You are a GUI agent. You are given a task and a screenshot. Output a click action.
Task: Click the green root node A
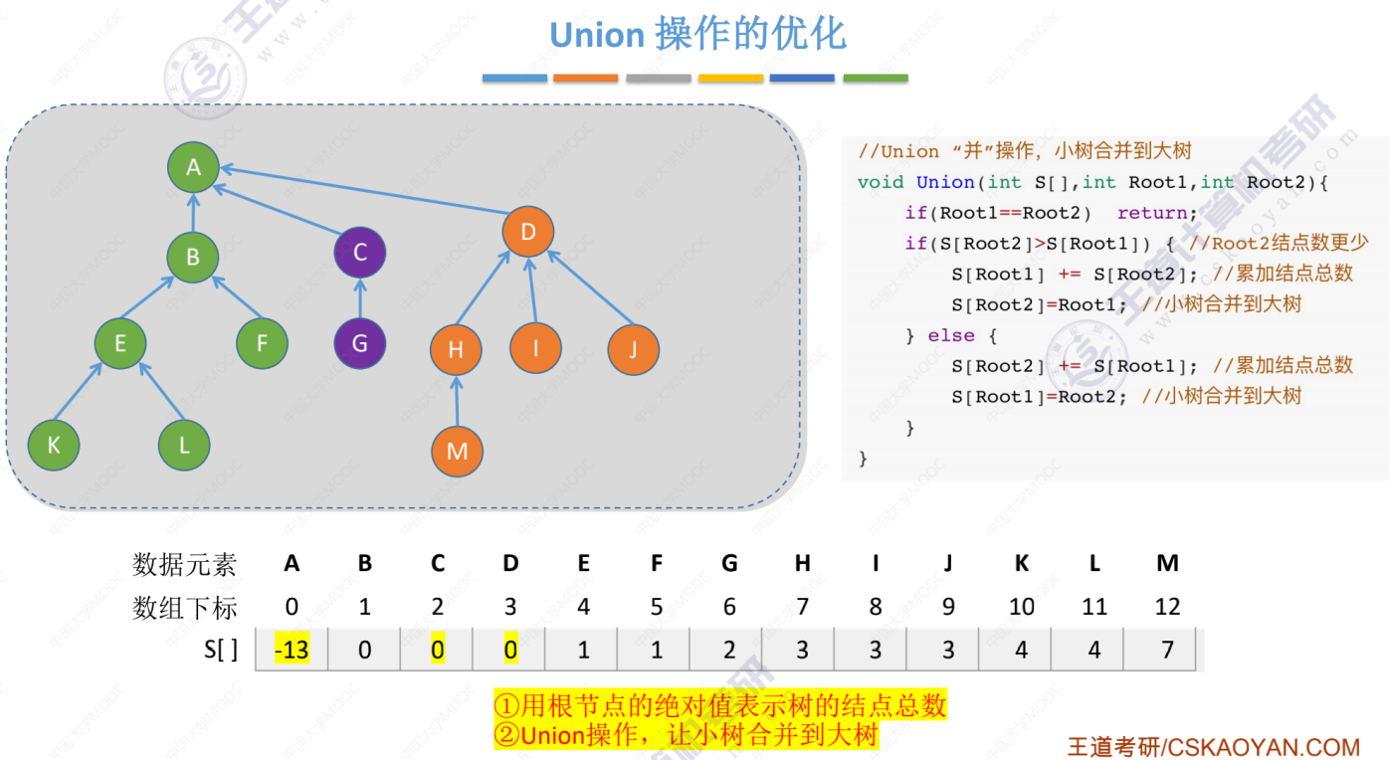point(193,167)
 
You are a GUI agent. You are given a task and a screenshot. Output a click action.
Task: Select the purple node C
point(359,253)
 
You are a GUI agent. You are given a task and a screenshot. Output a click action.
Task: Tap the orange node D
point(528,232)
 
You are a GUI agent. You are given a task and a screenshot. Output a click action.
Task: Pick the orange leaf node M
point(457,452)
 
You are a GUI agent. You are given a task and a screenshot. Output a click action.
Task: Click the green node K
point(54,446)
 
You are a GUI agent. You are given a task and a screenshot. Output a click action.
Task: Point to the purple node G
point(359,343)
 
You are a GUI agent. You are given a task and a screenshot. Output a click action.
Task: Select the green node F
point(262,343)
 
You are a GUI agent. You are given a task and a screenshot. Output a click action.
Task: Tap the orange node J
point(634,349)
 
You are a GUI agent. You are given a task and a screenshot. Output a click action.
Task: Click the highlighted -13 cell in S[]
point(292,651)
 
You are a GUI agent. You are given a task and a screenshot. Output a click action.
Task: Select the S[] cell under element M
point(1167,651)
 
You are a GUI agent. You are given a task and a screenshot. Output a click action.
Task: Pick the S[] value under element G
point(729,651)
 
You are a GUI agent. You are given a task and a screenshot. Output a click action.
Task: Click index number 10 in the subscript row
point(1022,607)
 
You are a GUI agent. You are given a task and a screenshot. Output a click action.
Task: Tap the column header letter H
point(803,564)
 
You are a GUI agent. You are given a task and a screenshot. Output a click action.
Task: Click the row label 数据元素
point(185,564)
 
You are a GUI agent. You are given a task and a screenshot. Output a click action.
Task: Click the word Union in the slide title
point(597,36)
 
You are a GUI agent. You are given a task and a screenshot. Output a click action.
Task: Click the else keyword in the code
point(951,335)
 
